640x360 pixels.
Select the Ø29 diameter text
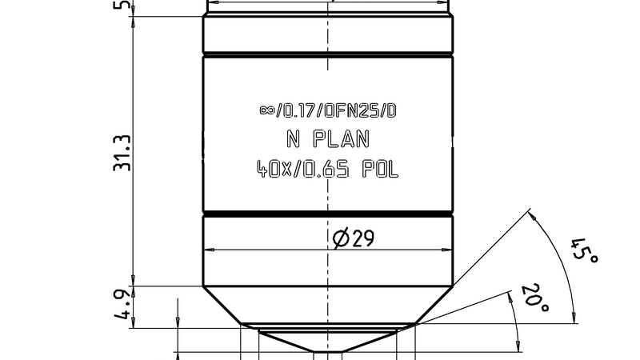[353, 238]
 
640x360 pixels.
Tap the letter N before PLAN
[293, 139]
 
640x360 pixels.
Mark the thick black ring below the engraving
[328, 214]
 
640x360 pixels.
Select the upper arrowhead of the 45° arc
[531, 214]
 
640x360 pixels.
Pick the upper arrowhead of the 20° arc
[510, 294]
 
